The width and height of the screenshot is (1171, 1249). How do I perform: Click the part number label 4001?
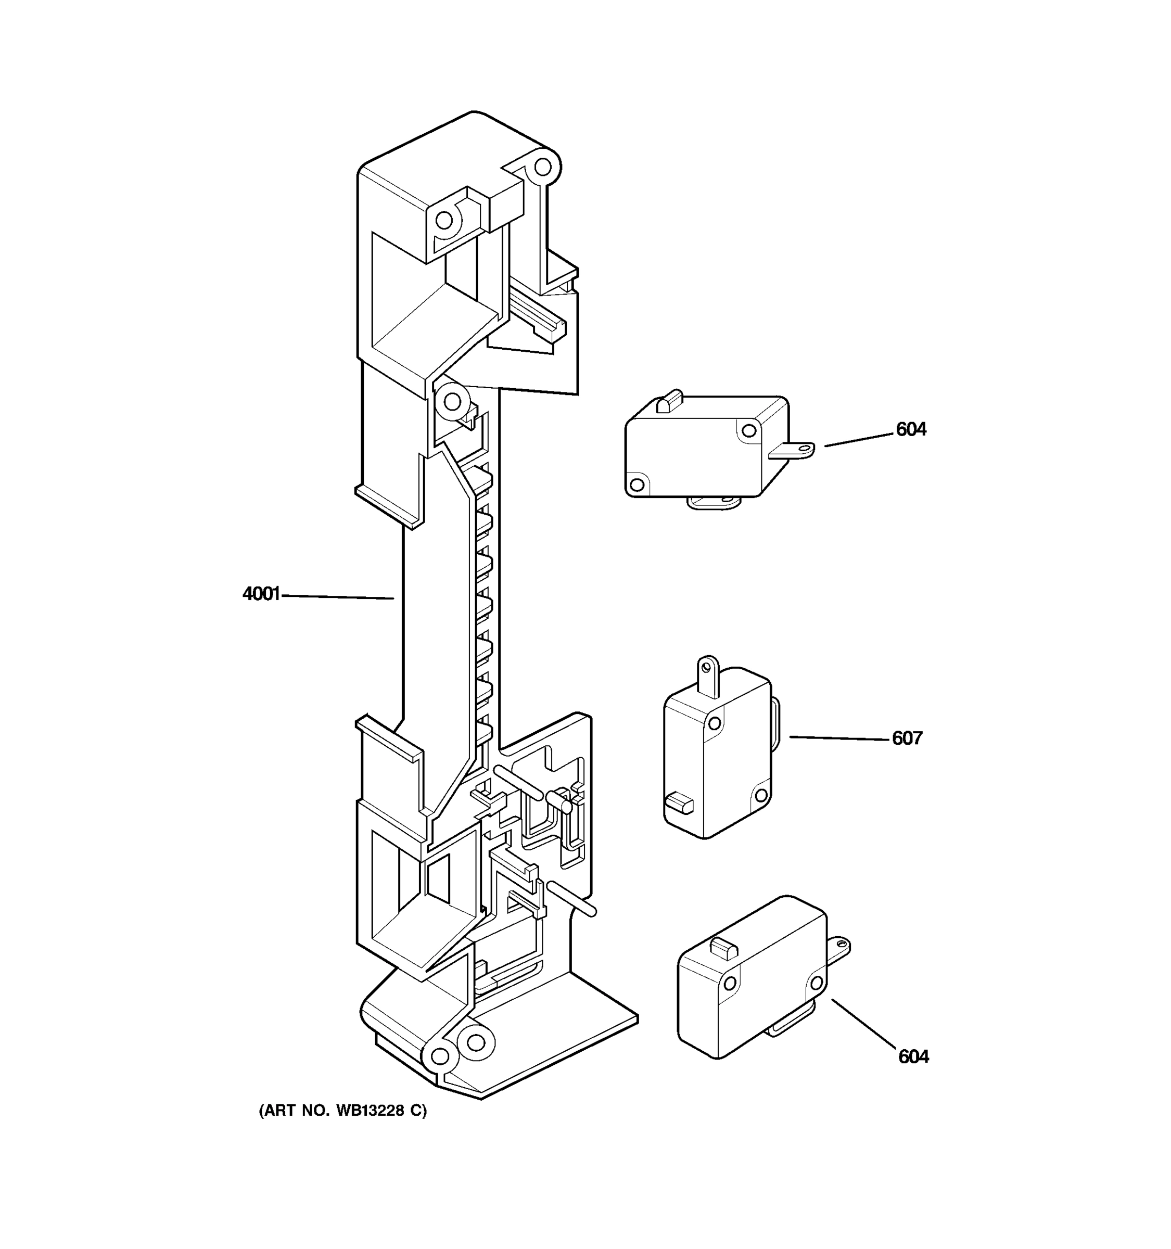pos(261,594)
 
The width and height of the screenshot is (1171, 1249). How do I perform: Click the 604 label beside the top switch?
pos(910,430)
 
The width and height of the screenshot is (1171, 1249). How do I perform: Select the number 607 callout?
pos(907,738)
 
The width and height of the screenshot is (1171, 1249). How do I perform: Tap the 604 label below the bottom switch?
pos(913,1057)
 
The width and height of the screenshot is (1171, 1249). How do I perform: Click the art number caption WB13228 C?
pos(342,1111)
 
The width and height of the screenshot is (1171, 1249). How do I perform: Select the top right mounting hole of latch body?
pos(543,167)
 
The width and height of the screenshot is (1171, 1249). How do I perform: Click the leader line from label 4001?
pos(338,596)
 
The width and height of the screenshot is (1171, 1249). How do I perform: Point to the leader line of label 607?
pos(840,738)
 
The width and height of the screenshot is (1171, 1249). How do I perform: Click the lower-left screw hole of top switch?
pos(637,485)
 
